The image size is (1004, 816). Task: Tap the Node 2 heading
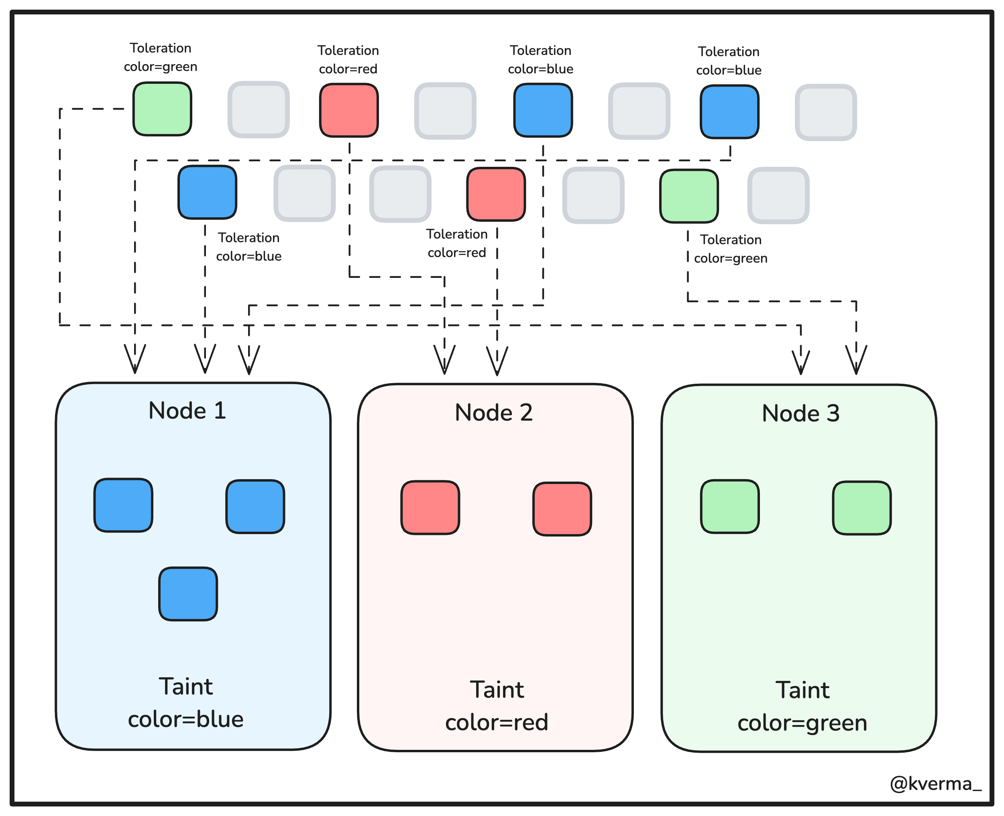[494, 412]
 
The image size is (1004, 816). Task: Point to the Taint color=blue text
[186, 703]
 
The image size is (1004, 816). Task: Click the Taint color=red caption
[497, 706]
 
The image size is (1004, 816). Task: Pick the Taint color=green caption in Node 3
[802, 706]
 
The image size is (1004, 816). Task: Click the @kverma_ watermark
[935, 784]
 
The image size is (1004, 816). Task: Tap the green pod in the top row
[162, 109]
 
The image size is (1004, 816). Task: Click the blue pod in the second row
[208, 192]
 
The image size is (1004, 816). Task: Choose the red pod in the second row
[496, 194]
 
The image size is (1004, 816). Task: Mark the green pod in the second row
[689, 196]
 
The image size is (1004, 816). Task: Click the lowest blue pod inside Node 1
[188, 594]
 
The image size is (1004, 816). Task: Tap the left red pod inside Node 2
[430, 508]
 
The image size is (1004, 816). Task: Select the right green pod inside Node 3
[862, 508]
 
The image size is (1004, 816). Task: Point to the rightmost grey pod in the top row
[826, 112]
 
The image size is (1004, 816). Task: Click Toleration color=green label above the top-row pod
[161, 57]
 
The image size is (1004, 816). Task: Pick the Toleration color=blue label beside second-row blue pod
[249, 247]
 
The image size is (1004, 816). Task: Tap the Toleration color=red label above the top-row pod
[348, 60]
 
